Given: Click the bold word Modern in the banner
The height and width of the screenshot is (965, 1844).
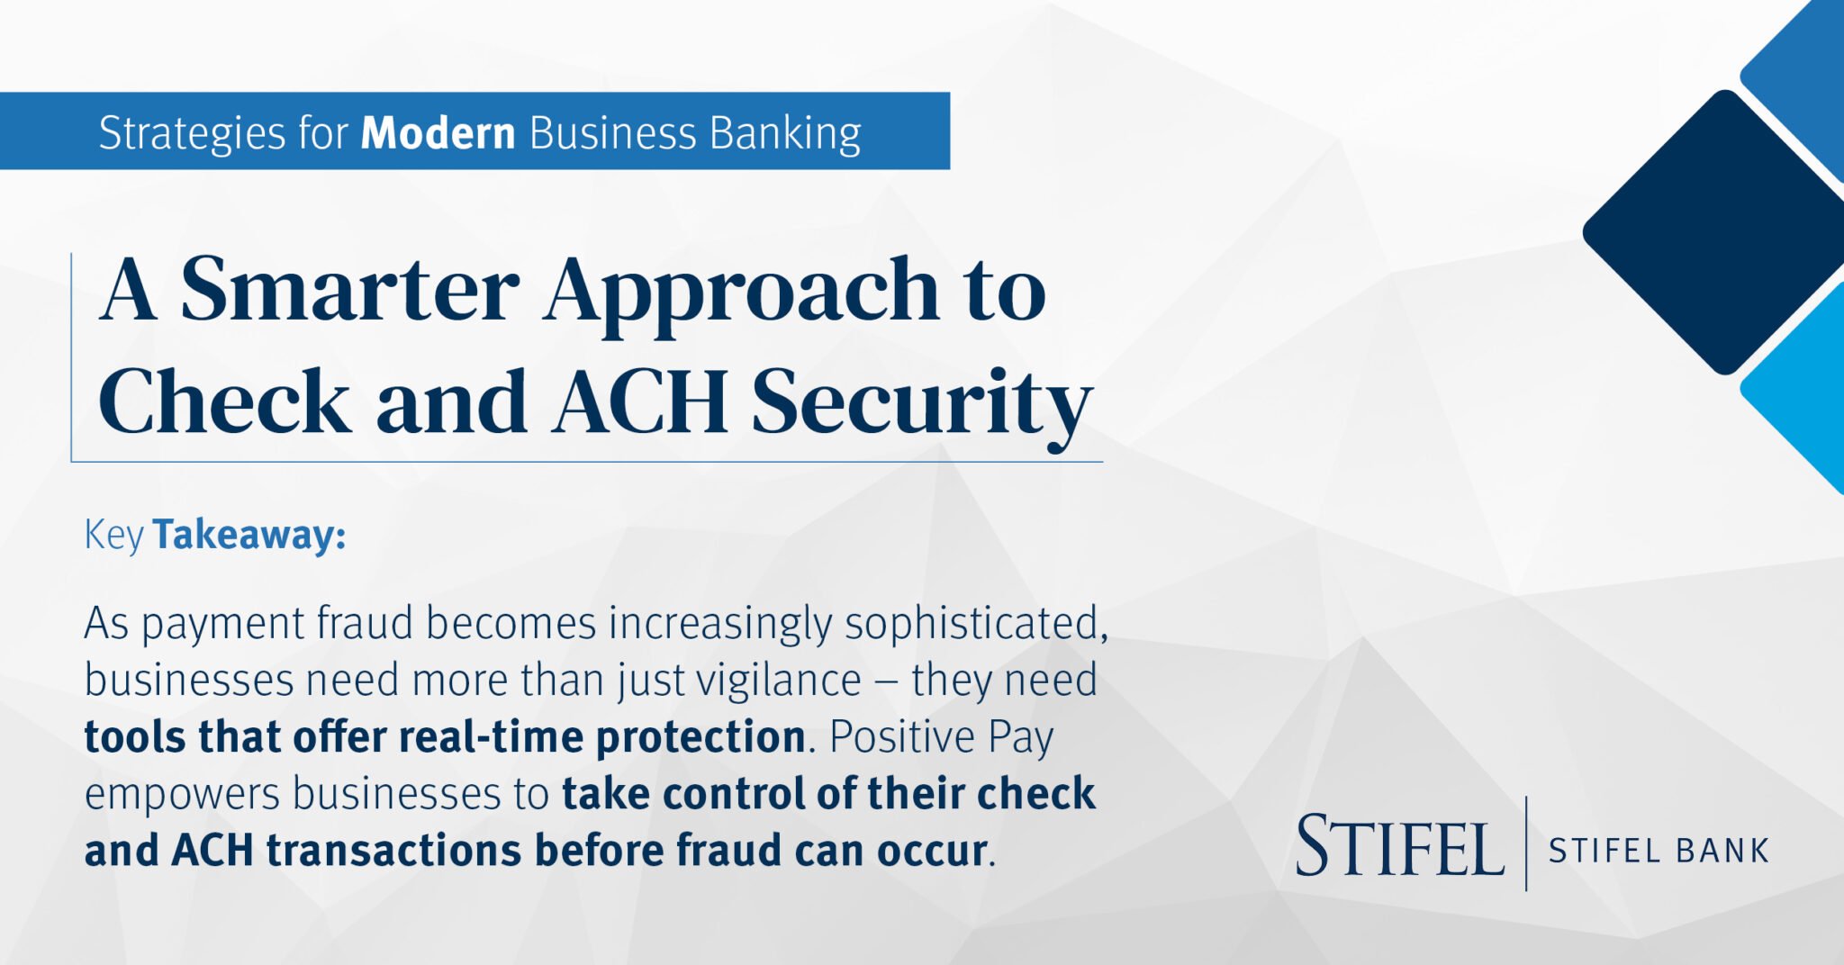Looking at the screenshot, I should click(438, 133).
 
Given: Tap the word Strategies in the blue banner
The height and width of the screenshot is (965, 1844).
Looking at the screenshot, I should click(192, 133).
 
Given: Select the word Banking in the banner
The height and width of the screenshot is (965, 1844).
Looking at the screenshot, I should click(785, 133).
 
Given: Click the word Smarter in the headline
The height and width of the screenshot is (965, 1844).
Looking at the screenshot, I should click(349, 290).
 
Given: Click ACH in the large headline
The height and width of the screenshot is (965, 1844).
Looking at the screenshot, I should click(640, 401).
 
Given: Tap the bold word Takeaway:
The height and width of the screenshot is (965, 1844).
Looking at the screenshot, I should click(249, 535).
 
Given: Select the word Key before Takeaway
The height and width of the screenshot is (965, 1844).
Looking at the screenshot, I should click(113, 535).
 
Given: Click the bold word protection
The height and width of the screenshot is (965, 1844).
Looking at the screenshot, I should click(701, 736).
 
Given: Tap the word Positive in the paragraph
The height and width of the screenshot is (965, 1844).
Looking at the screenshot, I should click(901, 736).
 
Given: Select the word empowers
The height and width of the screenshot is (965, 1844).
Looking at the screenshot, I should click(182, 794).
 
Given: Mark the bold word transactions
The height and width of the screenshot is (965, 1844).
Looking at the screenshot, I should click(393, 851).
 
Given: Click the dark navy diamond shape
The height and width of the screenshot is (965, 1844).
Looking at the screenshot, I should click(1715, 232).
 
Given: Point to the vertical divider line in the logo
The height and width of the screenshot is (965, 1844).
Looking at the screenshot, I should click(1526, 843).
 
